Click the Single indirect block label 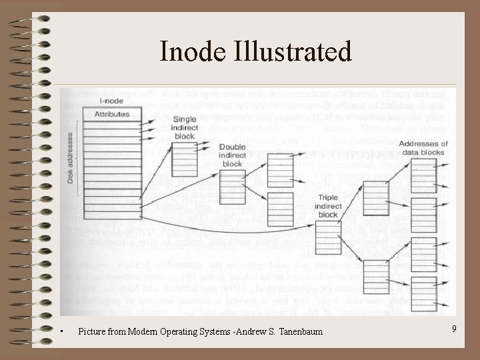point(186,127)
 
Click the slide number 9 point(453,329)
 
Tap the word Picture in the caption point(91,331)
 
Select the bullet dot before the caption point(60,331)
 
